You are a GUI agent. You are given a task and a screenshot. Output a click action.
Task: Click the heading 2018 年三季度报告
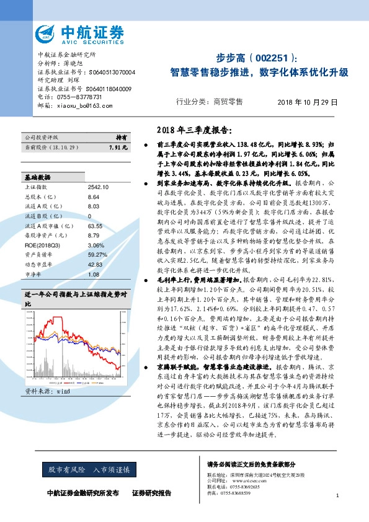pyautogui.click(x=192, y=130)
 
